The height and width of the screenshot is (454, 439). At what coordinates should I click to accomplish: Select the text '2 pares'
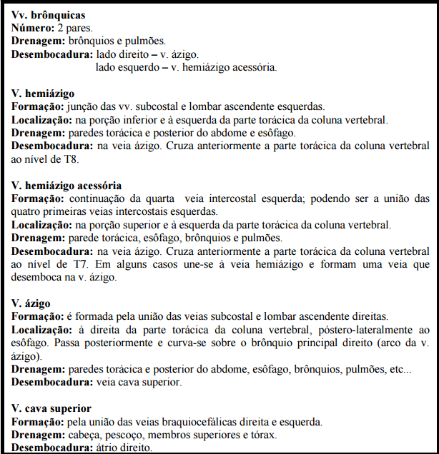[74, 28]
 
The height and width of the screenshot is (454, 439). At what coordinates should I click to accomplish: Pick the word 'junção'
[88, 106]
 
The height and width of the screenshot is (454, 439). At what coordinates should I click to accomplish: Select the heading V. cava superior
[51, 408]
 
